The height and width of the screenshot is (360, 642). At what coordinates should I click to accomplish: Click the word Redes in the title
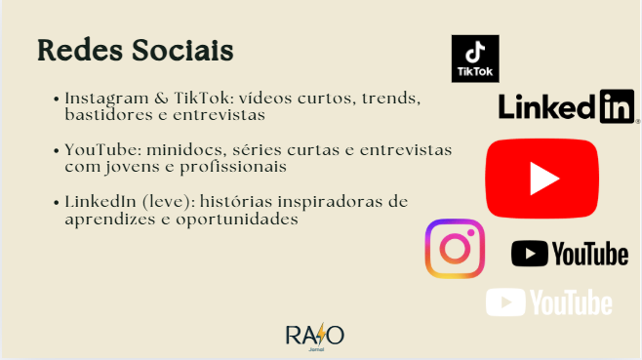(80, 51)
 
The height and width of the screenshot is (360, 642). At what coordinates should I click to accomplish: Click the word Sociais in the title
(182, 51)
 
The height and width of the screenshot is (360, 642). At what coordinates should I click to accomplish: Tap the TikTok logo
(475, 59)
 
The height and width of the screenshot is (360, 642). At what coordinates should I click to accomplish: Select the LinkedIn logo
(568, 106)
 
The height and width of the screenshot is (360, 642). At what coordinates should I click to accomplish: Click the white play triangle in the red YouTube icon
(542, 179)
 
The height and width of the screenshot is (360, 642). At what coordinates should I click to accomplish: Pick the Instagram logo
(455, 249)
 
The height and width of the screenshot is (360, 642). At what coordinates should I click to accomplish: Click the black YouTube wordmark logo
(570, 254)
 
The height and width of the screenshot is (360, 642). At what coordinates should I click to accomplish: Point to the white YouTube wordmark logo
(548, 302)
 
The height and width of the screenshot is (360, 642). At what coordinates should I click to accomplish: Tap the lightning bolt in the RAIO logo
(321, 335)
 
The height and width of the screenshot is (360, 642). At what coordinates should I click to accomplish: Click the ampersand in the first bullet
(161, 99)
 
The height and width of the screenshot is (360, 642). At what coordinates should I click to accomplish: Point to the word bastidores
(109, 115)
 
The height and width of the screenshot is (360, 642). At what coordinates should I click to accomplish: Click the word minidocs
(186, 150)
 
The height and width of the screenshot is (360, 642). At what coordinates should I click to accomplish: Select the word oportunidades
(237, 220)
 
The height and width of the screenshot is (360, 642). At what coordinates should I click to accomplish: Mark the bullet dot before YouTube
(57, 150)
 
